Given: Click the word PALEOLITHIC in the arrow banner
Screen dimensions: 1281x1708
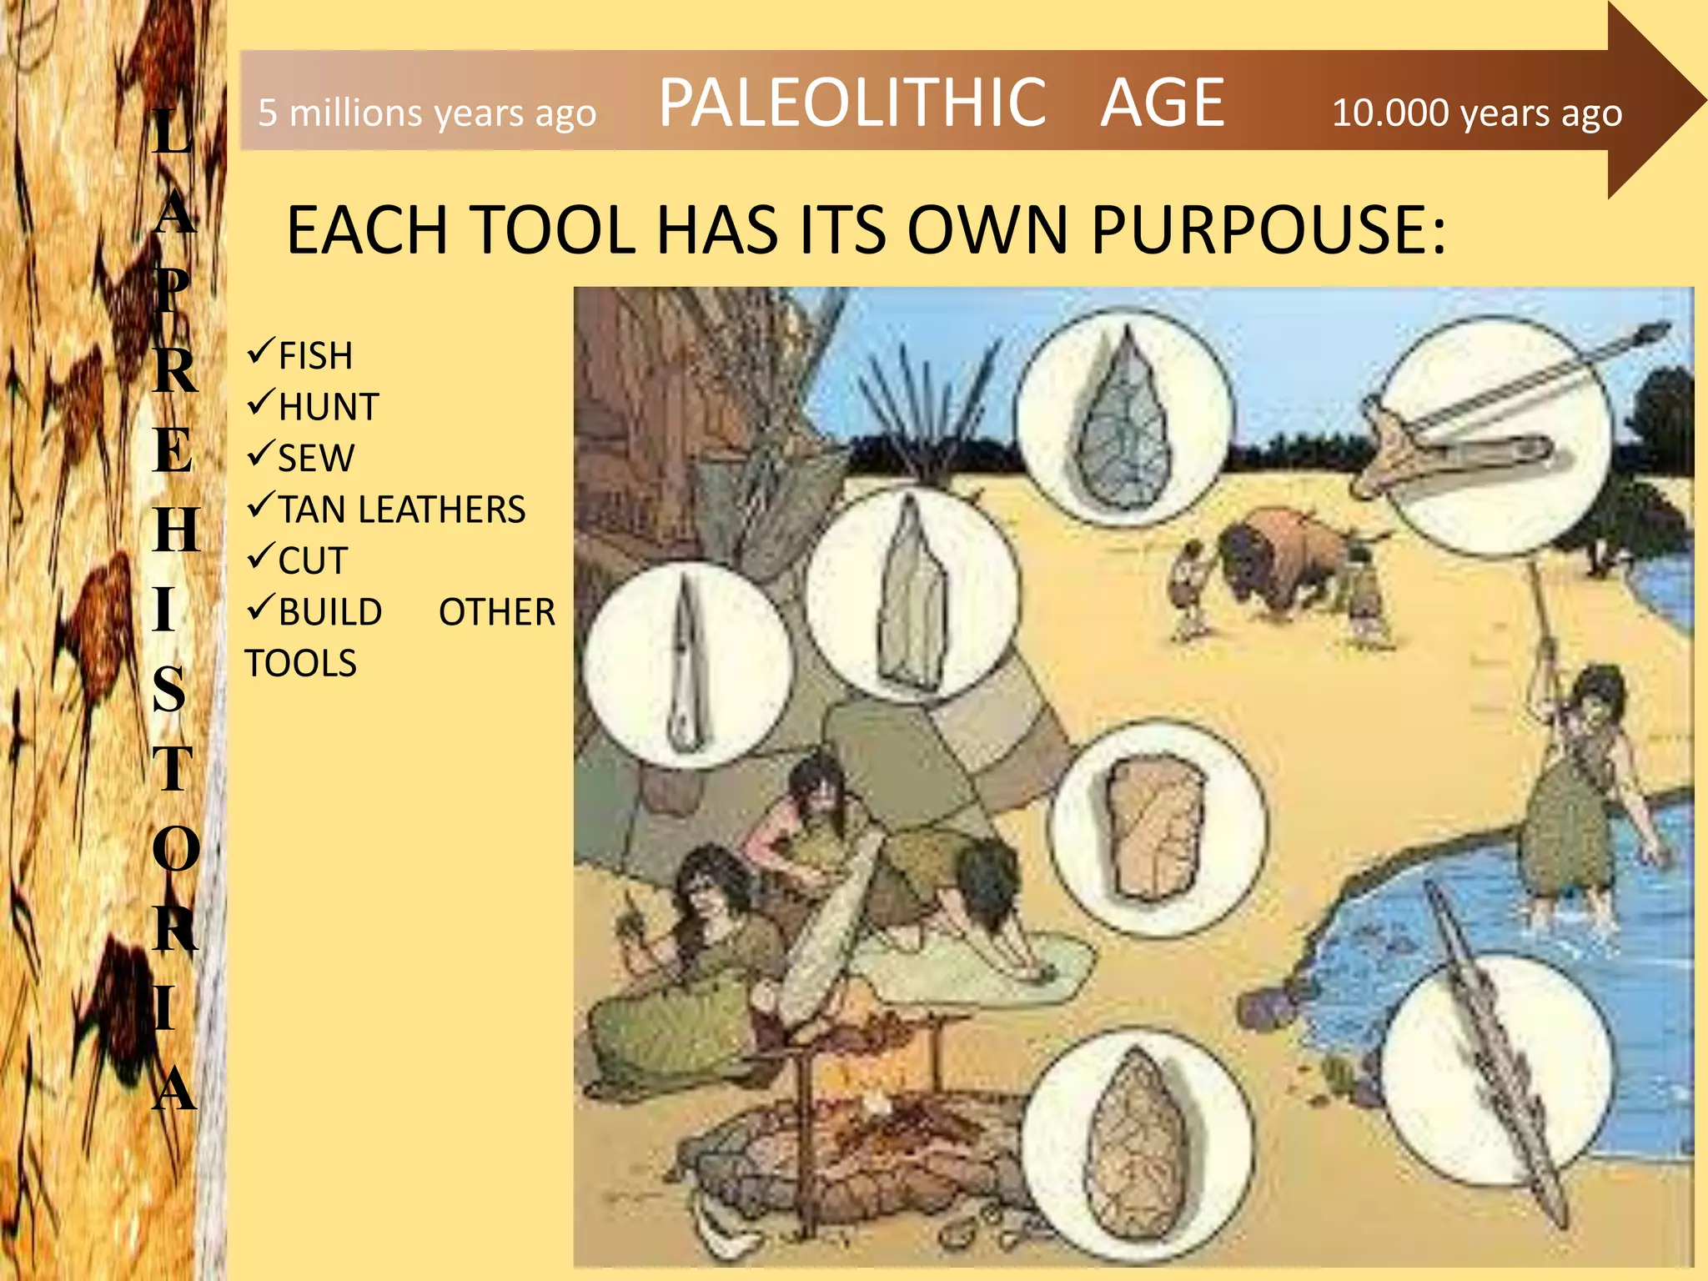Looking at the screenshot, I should point(851,103).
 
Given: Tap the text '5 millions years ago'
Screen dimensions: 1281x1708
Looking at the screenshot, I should point(427,113).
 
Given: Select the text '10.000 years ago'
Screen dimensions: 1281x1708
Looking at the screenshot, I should point(1476,113).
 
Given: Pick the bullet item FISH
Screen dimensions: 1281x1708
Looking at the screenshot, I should point(314,356).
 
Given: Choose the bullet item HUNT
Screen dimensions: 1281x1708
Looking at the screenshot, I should point(328,407).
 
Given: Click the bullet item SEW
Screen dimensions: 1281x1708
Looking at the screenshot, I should point(315,459).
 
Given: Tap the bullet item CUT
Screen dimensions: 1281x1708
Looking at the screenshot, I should point(312,560).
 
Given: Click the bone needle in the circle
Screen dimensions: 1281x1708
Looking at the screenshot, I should point(687,663).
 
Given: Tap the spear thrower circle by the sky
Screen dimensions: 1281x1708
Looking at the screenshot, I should point(1493,434).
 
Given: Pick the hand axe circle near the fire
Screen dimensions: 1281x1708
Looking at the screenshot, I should point(1138,1143).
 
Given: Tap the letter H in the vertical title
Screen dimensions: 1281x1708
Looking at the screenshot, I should point(176,530).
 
